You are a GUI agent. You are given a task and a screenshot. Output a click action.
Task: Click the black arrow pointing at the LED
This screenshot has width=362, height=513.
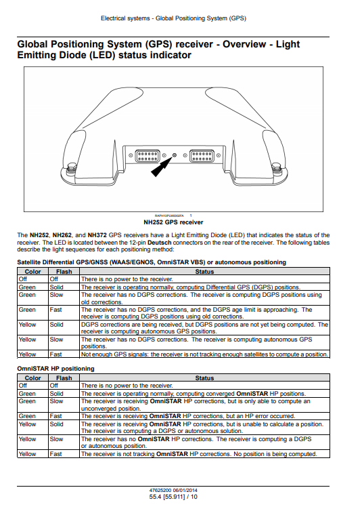click(162, 167)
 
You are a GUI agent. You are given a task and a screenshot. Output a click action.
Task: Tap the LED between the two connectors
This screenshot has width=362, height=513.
click(174, 155)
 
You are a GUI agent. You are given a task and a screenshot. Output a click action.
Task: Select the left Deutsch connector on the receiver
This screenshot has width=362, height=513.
click(148, 155)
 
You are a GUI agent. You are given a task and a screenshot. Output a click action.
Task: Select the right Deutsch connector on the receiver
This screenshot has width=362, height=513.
click(202, 155)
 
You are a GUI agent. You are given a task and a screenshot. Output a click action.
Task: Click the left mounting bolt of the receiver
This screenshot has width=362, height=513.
click(70, 168)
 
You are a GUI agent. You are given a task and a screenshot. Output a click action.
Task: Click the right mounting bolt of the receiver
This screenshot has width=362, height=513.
click(276, 168)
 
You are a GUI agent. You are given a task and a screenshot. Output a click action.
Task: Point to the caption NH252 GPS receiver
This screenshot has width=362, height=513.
click(173, 222)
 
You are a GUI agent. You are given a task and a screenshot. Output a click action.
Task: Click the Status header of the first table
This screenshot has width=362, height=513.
click(204, 272)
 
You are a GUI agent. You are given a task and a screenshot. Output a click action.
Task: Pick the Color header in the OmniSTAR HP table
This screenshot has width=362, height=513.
click(32, 378)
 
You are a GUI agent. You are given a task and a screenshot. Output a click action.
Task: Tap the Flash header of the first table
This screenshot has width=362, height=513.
click(64, 272)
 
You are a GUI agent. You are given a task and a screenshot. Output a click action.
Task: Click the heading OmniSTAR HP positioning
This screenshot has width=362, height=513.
click(56, 369)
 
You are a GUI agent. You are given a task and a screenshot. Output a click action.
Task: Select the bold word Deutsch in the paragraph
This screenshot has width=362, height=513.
click(160, 243)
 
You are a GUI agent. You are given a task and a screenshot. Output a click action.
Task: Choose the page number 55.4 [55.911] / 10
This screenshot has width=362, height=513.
click(173, 497)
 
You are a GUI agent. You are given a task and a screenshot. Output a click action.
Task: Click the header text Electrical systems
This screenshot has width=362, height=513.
click(125, 18)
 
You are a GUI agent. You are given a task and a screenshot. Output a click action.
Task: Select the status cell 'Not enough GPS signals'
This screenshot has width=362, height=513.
click(204, 354)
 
